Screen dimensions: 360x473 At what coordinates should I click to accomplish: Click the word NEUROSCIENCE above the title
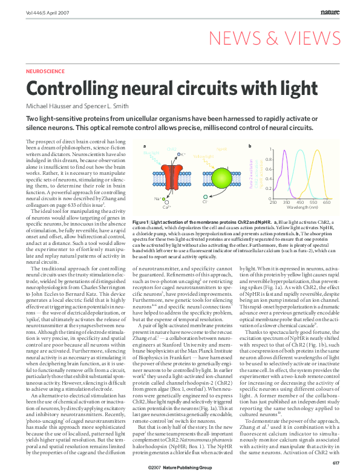44,71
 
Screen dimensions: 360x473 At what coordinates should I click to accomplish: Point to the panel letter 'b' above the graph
250,146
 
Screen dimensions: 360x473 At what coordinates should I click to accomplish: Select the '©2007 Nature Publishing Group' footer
180,468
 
